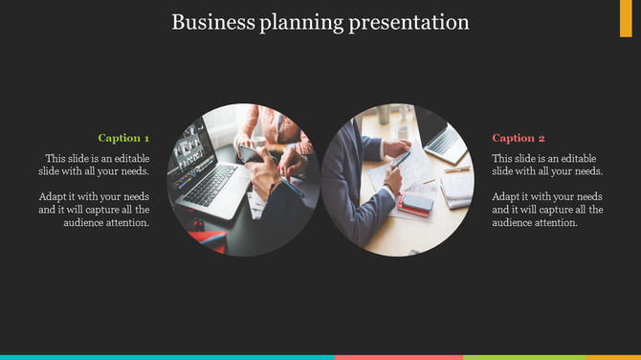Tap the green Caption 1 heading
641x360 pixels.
(124, 138)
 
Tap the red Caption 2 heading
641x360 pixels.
(519, 138)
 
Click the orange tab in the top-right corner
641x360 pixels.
(626, 18)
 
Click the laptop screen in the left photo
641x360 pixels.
(190, 152)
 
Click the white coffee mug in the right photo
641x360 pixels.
(403, 132)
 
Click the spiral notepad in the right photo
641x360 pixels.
(458, 187)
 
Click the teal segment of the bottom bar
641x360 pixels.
(167, 356)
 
